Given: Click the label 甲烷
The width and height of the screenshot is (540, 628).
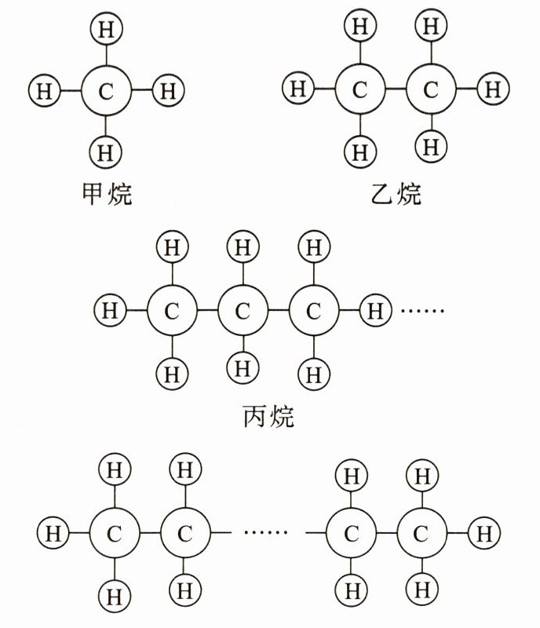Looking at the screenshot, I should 107,192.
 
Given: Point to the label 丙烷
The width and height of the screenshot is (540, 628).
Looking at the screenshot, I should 268,414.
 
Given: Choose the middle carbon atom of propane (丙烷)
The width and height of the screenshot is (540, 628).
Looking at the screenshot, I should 243,311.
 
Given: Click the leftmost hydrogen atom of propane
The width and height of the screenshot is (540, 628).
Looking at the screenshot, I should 109,310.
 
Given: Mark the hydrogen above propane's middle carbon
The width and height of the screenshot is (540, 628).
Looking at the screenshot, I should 243,249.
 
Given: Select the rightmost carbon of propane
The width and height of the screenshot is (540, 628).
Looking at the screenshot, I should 313,311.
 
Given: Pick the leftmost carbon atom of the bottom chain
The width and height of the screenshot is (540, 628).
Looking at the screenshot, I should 115,534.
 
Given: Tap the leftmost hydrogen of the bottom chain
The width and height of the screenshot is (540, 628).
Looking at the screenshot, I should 52,534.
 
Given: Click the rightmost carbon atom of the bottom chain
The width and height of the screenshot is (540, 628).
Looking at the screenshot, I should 421,534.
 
